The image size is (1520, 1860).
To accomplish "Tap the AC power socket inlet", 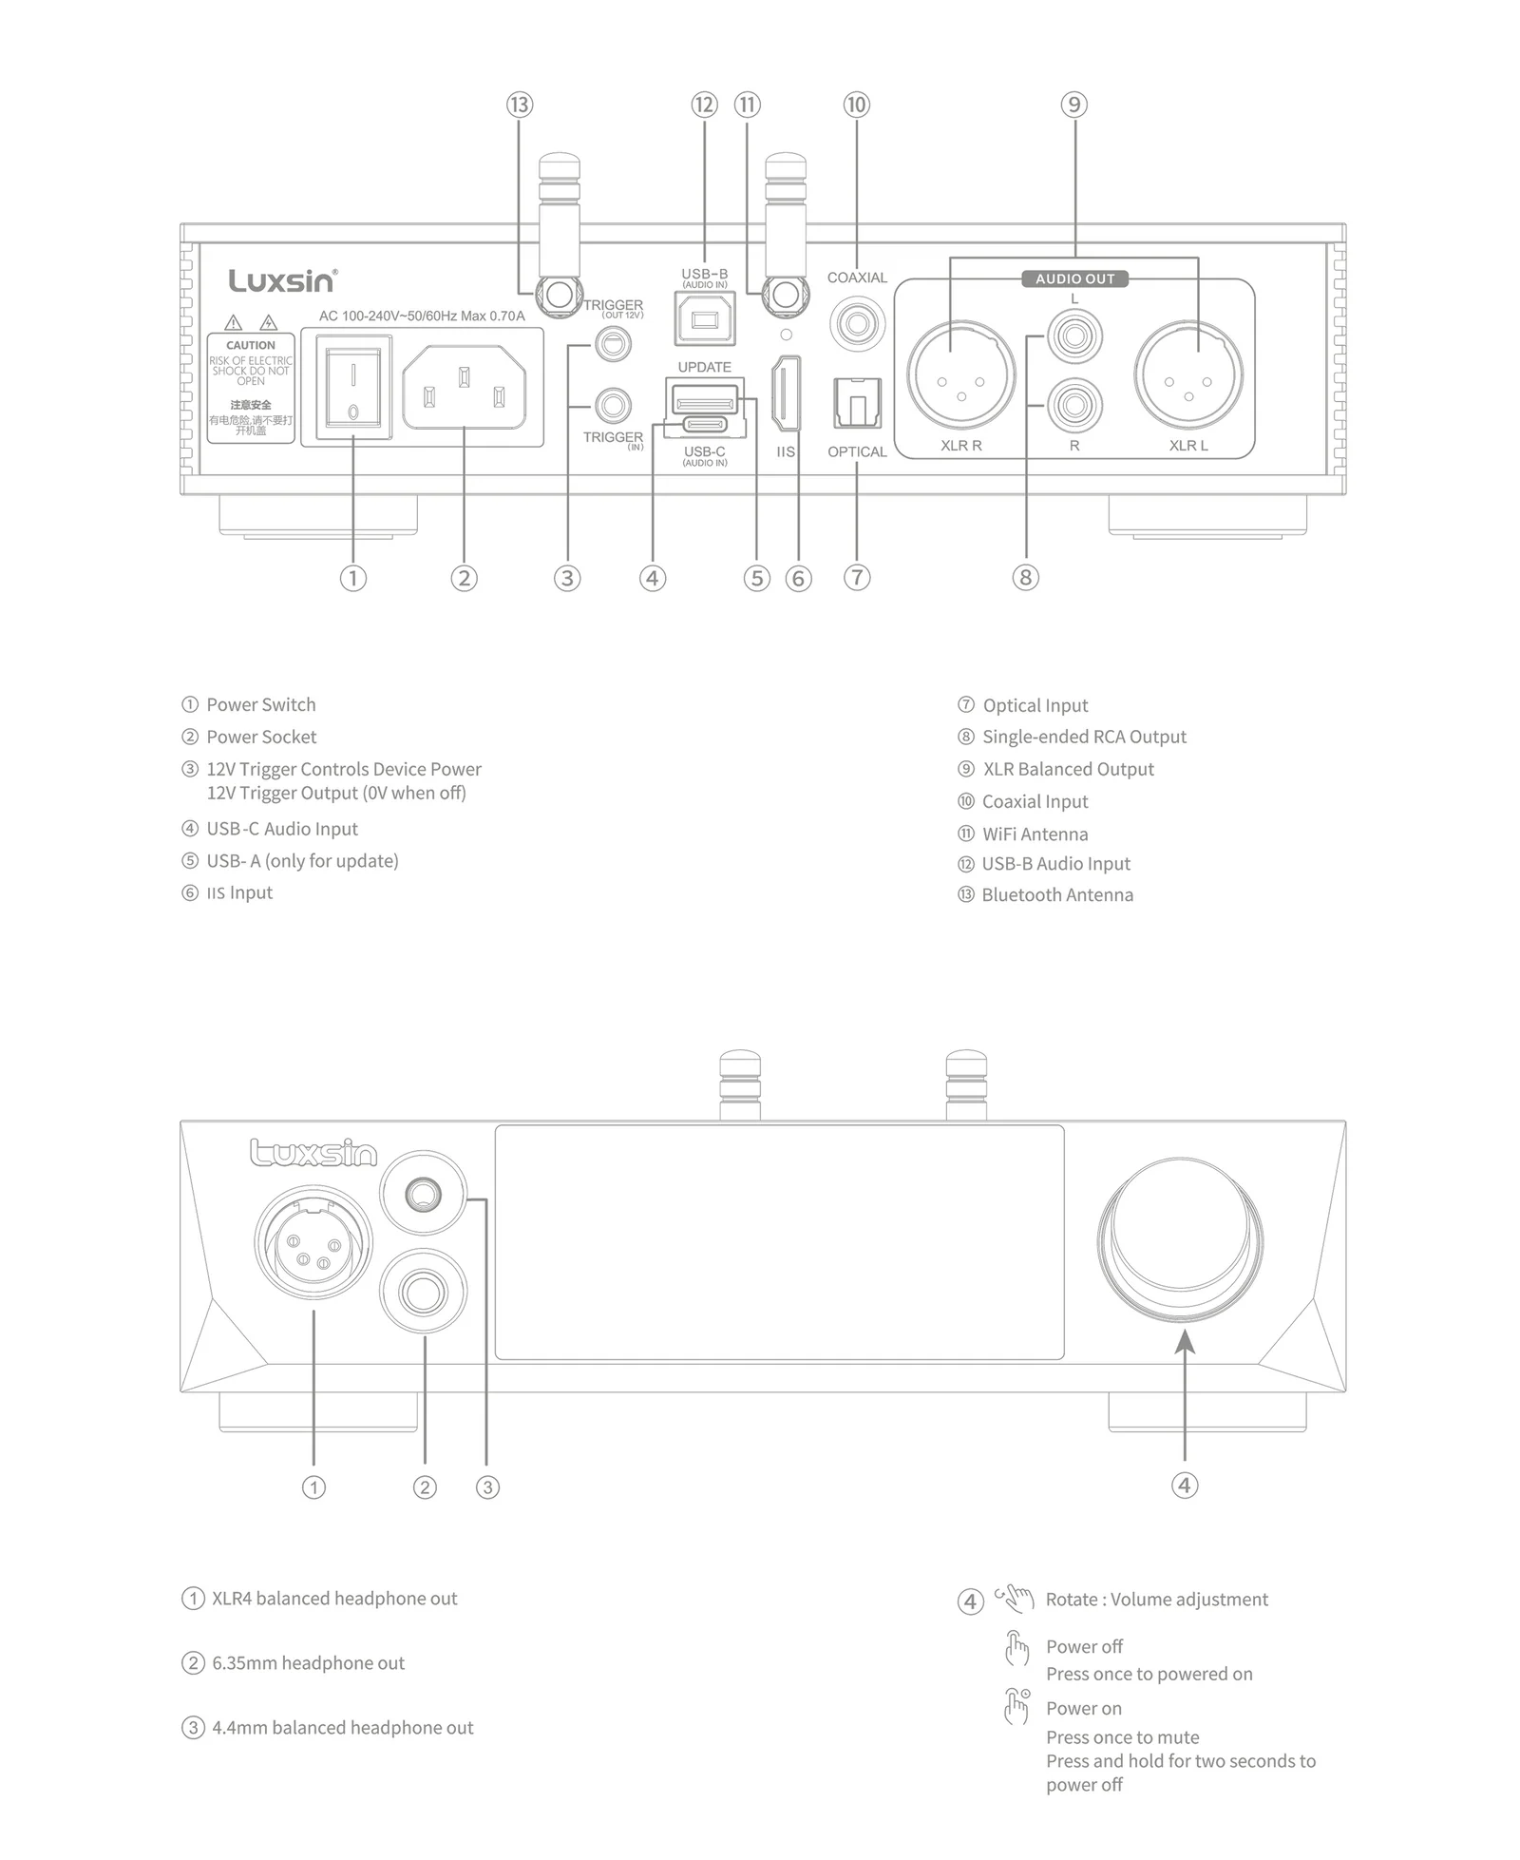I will click(x=464, y=386).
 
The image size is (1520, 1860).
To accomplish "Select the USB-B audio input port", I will click(x=704, y=318).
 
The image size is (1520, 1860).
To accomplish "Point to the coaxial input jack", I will click(x=857, y=324).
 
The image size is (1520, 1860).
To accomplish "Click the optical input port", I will click(x=857, y=403).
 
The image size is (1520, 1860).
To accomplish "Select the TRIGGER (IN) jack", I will click(x=613, y=407).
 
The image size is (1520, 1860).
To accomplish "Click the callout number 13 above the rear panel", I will click(x=520, y=105).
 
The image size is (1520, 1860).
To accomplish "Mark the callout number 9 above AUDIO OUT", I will click(x=1073, y=105).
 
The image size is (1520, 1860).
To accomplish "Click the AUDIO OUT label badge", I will click(x=1074, y=278).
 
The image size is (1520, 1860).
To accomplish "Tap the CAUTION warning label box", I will click(x=251, y=388).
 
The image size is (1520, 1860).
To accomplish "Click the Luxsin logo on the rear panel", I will click(x=281, y=280).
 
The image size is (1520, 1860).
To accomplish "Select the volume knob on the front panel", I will click(x=1181, y=1238).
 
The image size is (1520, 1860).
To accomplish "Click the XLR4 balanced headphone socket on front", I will click(x=313, y=1241).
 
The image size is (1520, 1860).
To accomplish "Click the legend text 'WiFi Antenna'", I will click(x=1035, y=834).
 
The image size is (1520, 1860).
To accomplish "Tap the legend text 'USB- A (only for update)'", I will click(x=302, y=861).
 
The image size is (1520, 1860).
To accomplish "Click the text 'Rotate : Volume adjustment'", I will click(x=1156, y=1600).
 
